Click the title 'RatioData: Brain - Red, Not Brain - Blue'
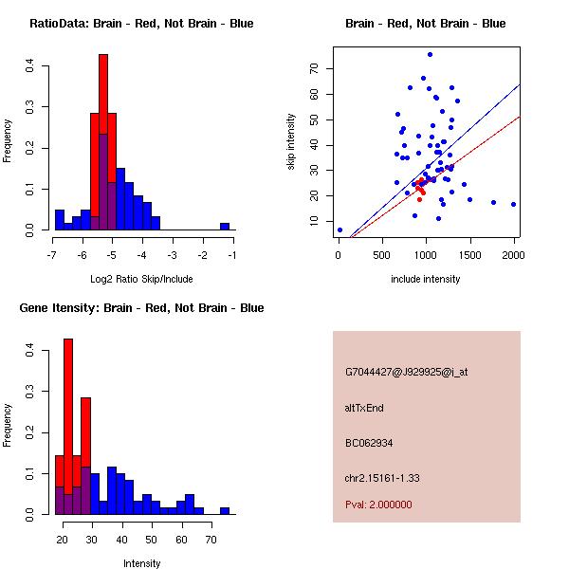pyautogui.click(x=141, y=24)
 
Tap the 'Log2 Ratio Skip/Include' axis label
pyautogui.click(x=141, y=279)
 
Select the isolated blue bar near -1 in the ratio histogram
pyautogui.click(x=225, y=226)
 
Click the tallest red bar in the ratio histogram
pyautogui.click(x=102, y=142)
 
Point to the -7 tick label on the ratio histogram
pyautogui.click(x=54, y=255)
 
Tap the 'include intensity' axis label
pyautogui.click(x=426, y=279)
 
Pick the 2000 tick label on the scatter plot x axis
pyautogui.click(x=513, y=255)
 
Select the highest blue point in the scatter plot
pyautogui.click(x=430, y=54)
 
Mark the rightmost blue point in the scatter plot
pyautogui.click(x=513, y=204)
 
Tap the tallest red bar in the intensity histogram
pyautogui.click(x=68, y=427)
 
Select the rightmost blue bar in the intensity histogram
pyautogui.click(x=225, y=510)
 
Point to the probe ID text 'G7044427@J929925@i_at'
pyautogui.click(x=406, y=372)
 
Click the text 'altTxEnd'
pyautogui.click(x=363, y=408)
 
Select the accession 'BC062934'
pyautogui.click(x=369, y=443)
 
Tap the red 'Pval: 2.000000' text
pyautogui.click(x=378, y=505)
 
